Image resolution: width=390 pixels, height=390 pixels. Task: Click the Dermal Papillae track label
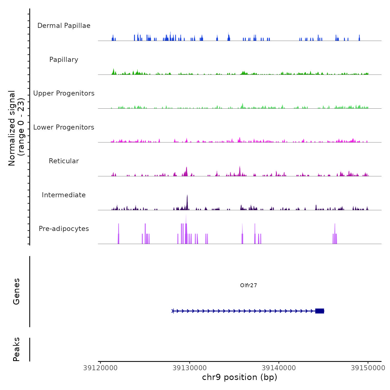(64, 26)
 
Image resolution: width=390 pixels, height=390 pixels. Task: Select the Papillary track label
(64, 60)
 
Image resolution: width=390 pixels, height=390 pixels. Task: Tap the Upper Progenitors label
(64, 93)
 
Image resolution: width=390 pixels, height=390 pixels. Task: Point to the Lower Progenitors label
(64, 127)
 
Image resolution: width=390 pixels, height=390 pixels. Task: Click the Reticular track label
(64, 161)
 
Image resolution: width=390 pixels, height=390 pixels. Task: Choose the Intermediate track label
(64, 195)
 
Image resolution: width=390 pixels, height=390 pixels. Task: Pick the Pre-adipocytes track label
(64, 229)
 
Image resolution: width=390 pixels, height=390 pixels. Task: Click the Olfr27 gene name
(248, 285)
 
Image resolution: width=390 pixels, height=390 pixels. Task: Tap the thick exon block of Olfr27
(320, 311)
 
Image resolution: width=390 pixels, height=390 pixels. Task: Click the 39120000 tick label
(100, 368)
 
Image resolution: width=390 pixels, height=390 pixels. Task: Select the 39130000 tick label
(190, 368)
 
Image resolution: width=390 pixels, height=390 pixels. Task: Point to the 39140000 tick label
(279, 368)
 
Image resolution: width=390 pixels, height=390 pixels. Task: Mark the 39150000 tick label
(368, 368)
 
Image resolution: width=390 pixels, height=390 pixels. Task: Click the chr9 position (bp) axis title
(240, 377)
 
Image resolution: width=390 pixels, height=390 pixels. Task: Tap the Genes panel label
(16, 291)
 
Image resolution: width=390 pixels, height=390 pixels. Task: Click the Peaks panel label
(16, 349)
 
